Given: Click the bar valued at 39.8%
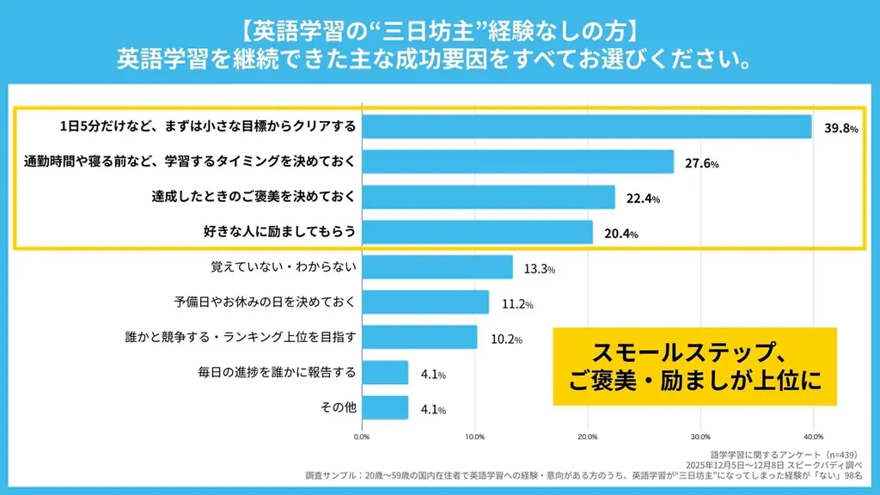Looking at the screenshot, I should coord(587,127).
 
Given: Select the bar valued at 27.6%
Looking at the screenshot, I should coord(517,162).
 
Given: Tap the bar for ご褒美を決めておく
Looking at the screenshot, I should coord(488,197).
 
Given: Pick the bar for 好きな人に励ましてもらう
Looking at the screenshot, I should coord(477,232).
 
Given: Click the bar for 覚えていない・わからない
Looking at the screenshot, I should coord(437,267).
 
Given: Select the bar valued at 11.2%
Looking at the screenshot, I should coord(425,302).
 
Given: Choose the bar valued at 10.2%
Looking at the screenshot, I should coord(419,338).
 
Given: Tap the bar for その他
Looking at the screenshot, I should coord(385,407).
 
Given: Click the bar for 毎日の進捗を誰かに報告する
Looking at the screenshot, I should coord(385,372).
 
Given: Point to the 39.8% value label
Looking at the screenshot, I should coord(840,129).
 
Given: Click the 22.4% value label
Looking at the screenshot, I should coord(643,199).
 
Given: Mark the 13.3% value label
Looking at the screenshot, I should coord(539,269).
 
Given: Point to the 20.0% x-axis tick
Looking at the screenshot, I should coord(587,436).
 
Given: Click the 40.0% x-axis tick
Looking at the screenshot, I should coord(812,436).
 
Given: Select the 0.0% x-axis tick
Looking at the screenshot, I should coord(362,436).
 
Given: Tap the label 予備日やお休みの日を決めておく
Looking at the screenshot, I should coord(265,302).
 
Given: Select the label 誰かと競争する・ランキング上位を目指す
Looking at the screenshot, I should coord(241,338).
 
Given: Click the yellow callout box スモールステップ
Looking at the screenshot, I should coord(694,365).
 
